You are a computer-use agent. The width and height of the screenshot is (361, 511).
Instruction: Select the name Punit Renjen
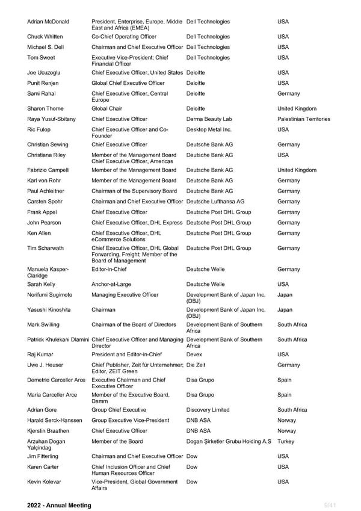pyautogui.click(x=43, y=83)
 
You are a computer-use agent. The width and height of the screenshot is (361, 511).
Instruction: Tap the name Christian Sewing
pyautogui.click(x=48, y=144)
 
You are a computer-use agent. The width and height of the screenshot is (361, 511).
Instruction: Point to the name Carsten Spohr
pyautogui.click(x=45, y=202)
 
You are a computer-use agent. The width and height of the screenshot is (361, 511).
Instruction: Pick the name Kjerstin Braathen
pyautogui.click(x=48, y=431)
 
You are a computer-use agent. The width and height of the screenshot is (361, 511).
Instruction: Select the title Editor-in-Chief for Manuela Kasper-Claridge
pyautogui.click(x=109, y=269)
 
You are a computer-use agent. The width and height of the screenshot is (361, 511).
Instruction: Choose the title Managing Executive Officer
pyautogui.click(x=125, y=295)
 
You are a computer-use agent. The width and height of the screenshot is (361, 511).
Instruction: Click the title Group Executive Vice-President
pyautogui.click(x=130, y=420)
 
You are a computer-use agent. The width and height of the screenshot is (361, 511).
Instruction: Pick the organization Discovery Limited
pyautogui.click(x=208, y=410)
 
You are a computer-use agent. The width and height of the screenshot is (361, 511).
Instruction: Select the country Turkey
pyautogui.click(x=286, y=441)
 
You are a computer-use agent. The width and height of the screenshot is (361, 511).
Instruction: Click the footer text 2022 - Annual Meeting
pyautogui.click(x=59, y=506)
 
